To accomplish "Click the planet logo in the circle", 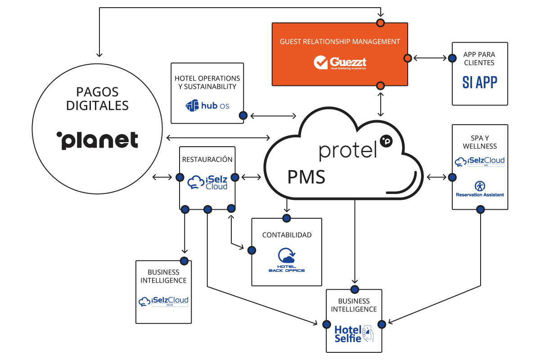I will pos(97,140).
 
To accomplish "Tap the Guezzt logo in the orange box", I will pos(340,62).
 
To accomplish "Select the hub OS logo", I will pos(207,106).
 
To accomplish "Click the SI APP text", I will pos(480,82).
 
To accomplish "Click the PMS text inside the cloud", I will pos(306,177).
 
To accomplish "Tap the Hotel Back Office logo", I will pos(287,260).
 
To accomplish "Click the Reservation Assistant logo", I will pos(480,189).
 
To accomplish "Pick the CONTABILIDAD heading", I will pos(287,235).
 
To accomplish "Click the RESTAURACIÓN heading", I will pos(207,159).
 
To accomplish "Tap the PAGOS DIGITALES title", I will pos(97,99).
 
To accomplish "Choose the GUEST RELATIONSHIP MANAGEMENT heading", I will pos(340,41).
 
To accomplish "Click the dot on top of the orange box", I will pos(381,23).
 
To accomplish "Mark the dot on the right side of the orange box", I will pos(407,58).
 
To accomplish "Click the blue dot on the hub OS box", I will pos(243,116).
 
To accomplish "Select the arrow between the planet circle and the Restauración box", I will pos(162,177).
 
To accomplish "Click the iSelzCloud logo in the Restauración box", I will pos(207,182).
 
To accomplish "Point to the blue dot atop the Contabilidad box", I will pos(286,218).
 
